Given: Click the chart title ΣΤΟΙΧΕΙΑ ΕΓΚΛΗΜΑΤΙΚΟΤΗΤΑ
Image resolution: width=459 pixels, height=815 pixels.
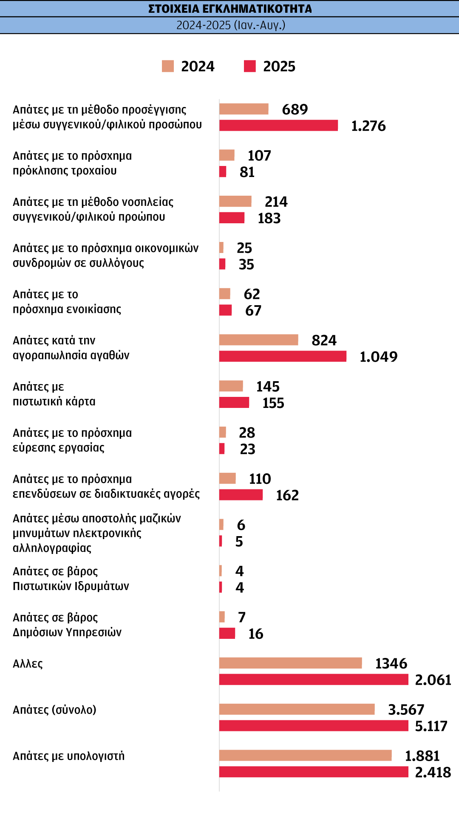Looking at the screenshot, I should coord(230,8).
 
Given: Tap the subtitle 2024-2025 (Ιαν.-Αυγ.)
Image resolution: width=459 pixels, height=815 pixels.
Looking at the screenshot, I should coord(231,25).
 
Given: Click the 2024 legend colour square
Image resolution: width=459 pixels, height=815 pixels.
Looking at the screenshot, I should coord(168,66).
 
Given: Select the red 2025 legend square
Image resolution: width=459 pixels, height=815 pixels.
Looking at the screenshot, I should coord(250,66).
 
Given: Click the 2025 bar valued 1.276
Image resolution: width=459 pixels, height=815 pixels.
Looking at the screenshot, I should coord(278,125).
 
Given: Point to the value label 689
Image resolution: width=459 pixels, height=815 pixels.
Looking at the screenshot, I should coord(295,110).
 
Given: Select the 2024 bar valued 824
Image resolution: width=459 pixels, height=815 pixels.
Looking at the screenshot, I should coord(258,340).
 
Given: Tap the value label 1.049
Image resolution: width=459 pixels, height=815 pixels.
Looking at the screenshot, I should coord(378,357).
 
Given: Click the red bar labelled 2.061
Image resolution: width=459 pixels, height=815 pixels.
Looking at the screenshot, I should coord(314,680).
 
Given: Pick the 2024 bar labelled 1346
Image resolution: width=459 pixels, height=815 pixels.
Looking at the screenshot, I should coord(290,663).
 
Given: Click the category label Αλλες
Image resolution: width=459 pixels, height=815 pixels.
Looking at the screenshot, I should coord(28,664).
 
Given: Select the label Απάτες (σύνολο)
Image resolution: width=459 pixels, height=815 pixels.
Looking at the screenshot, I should coord(54,710).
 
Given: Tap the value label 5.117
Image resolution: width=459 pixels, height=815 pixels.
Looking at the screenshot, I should coord(431,726).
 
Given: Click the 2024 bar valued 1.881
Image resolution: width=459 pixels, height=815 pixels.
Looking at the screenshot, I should coord(305,755).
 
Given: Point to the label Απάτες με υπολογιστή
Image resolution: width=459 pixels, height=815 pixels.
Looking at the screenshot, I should coord(68,756).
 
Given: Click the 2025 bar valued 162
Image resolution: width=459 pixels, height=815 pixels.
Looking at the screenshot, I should coord(241,495).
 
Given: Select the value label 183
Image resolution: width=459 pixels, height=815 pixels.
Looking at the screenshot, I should coord(269,218).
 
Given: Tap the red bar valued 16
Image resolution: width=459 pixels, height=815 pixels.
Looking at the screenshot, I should coord(227,633).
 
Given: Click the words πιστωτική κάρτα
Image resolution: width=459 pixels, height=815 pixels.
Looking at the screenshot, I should coord(54,402).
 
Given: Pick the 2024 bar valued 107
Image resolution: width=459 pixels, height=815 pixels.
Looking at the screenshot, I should coord(227,155).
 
